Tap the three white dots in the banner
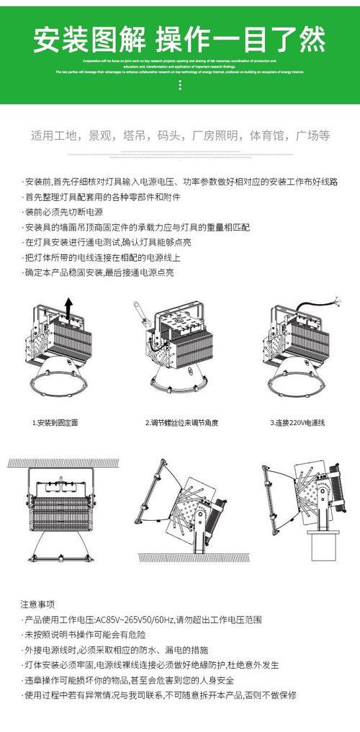click(x=179, y=85)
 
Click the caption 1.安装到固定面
click(x=55, y=422)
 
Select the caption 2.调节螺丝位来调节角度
click(x=181, y=422)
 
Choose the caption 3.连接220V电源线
click(x=298, y=422)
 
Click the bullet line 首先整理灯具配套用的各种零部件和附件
click(x=102, y=197)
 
